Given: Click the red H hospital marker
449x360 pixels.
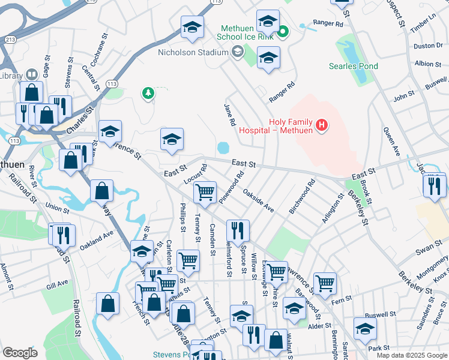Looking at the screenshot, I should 322,125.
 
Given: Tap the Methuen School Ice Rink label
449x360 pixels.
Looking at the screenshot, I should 246,32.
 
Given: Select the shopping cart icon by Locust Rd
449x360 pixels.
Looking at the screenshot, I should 205,193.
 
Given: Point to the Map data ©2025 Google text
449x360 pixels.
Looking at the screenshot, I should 411,355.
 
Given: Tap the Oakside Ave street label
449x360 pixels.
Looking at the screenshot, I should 259,200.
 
